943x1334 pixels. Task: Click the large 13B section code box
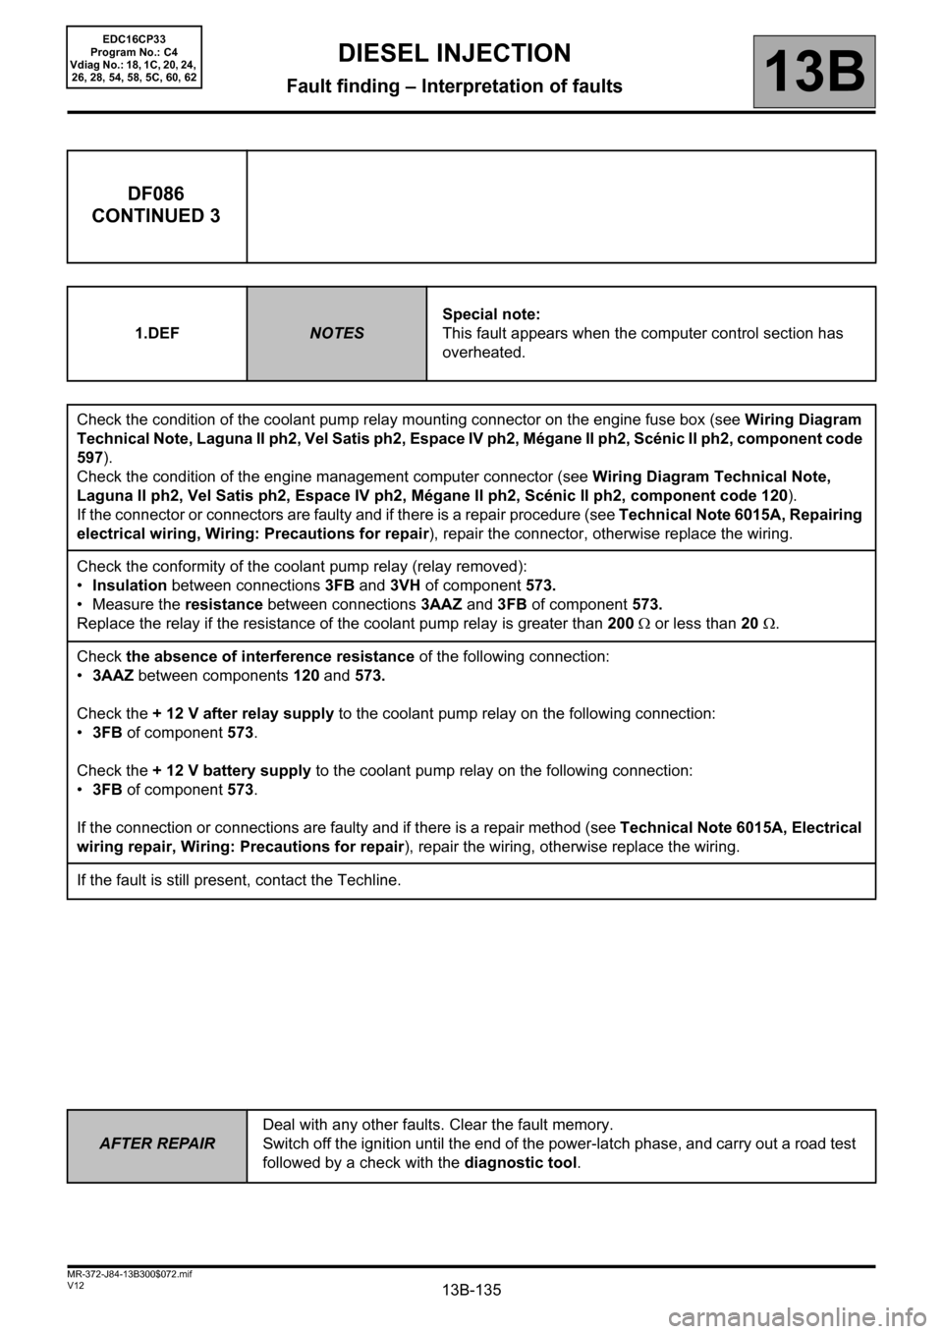(814, 72)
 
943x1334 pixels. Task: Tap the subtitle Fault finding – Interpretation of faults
(454, 86)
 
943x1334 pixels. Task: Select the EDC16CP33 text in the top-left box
(134, 36)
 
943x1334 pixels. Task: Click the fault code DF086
(156, 194)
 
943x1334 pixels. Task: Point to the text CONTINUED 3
(156, 215)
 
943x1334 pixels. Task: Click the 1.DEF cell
(156, 333)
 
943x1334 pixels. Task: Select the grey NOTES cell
(337, 333)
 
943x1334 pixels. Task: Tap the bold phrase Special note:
(490, 314)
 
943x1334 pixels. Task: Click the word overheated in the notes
(483, 352)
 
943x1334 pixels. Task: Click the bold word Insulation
(129, 585)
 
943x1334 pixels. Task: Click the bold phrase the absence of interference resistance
(270, 655)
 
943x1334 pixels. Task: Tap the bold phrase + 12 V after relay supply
(244, 713)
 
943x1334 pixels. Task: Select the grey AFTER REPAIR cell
(157, 1143)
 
